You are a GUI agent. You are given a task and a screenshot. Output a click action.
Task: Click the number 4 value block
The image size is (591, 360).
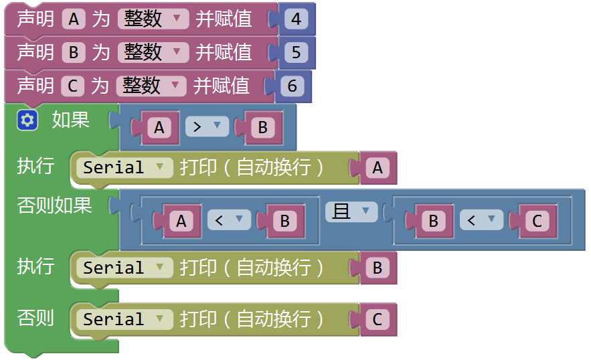pyautogui.click(x=297, y=19)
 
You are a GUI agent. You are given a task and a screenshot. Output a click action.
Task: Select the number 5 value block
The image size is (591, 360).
pyautogui.click(x=297, y=52)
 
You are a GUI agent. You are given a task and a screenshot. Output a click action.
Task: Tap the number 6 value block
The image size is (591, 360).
pyautogui.click(x=292, y=86)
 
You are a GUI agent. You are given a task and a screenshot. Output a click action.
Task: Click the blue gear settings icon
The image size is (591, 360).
pyautogui.click(x=27, y=120)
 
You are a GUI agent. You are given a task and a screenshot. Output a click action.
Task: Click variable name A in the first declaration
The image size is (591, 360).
pyautogui.click(x=74, y=19)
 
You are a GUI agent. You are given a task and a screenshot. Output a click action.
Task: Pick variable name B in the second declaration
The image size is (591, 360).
pyautogui.click(x=74, y=52)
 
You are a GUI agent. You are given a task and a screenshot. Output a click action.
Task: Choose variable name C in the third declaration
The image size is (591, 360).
pyautogui.click(x=73, y=86)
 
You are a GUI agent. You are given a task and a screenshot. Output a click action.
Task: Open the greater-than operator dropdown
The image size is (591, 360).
pyautogui.click(x=207, y=126)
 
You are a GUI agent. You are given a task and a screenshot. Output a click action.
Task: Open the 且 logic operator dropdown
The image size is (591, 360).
pyautogui.click(x=351, y=211)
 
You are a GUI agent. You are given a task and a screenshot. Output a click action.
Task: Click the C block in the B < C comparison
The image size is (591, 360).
pyautogui.click(x=537, y=221)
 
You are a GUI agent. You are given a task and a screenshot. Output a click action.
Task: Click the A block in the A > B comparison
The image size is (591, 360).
pyautogui.click(x=159, y=127)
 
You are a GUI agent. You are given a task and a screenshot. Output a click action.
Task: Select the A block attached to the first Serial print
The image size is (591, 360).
pyautogui.click(x=377, y=168)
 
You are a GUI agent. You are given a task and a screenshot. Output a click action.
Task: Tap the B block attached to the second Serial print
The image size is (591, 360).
pyautogui.click(x=377, y=268)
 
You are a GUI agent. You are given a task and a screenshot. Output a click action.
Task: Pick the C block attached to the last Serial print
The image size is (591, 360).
pyautogui.click(x=377, y=319)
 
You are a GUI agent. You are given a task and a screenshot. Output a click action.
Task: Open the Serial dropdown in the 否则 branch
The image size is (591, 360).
pyautogui.click(x=124, y=319)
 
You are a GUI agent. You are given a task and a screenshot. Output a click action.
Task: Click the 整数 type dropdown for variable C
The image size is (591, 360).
pyautogui.click(x=151, y=86)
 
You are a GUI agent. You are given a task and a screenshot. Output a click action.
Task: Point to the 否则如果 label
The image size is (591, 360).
pyautogui.click(x=55, y=205)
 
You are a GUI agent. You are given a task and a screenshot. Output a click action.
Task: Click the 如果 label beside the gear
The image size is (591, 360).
pyautogui.click(x=71, y=120)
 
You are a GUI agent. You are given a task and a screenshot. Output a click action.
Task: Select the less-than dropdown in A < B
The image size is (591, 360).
pyautogui.click(x=229, y=219)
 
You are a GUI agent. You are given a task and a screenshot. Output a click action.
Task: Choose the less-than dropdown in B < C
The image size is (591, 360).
pyautogui.click(x=481, y=219)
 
